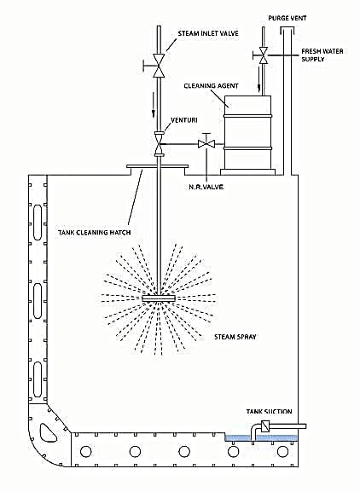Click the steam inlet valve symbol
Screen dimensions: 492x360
click(159, 65)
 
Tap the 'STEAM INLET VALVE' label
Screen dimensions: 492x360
click(208, 34)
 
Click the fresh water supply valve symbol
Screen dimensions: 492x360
click(264, 57)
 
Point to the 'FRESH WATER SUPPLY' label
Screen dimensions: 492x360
click(323, 56)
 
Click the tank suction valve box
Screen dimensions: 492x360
click(266, 426)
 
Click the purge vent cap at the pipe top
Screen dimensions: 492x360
click(287, 31)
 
